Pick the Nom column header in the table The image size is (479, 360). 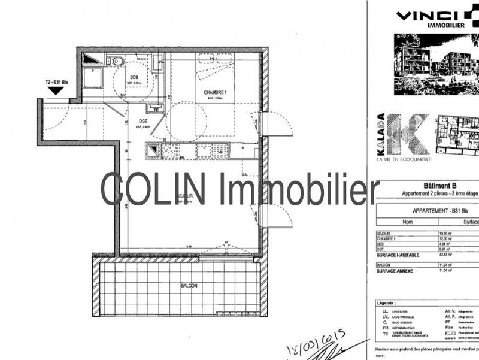pyautogui.click(x=391, y=220)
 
